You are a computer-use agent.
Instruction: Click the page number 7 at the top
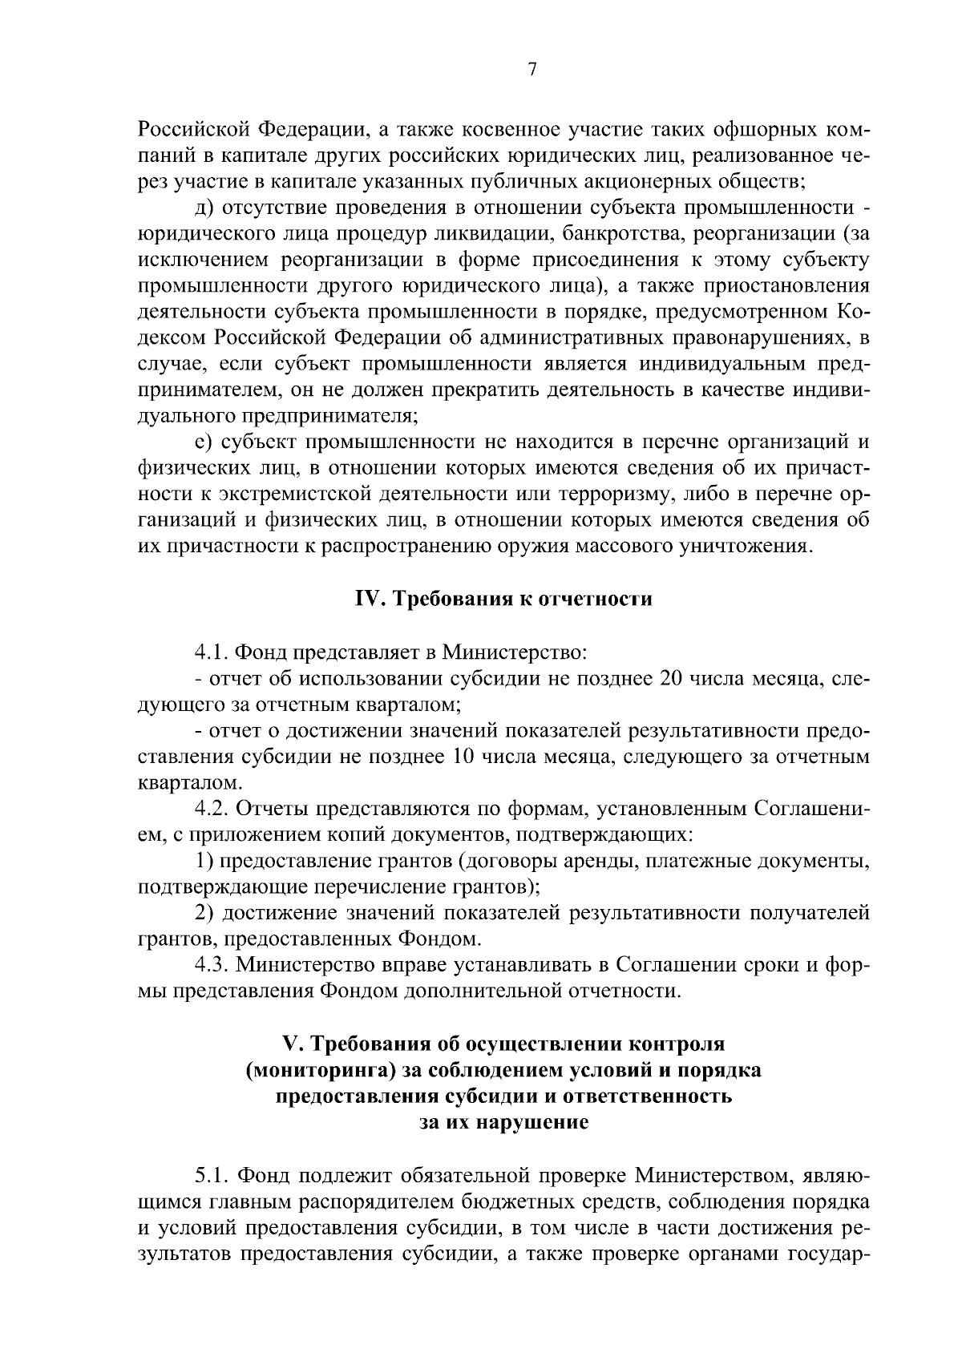(532, 70)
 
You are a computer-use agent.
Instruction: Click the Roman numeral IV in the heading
(366, 599)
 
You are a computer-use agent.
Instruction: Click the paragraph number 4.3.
(212, 965)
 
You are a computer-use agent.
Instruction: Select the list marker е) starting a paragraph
(204, 443)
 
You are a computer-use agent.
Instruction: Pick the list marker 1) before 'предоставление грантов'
(204, 861)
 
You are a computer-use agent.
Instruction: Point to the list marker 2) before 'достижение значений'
(204, 913)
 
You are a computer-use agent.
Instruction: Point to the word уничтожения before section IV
(746, 547)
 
